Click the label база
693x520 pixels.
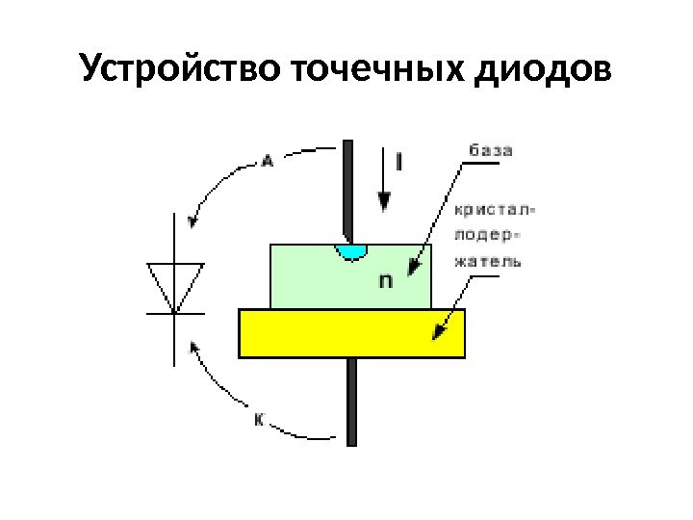490,150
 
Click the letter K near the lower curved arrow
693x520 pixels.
261,420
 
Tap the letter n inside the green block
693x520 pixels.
385,281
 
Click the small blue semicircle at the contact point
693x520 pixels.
351,251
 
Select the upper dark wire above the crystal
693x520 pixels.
348,188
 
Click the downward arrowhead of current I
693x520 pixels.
384,202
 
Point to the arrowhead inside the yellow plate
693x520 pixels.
439,330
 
